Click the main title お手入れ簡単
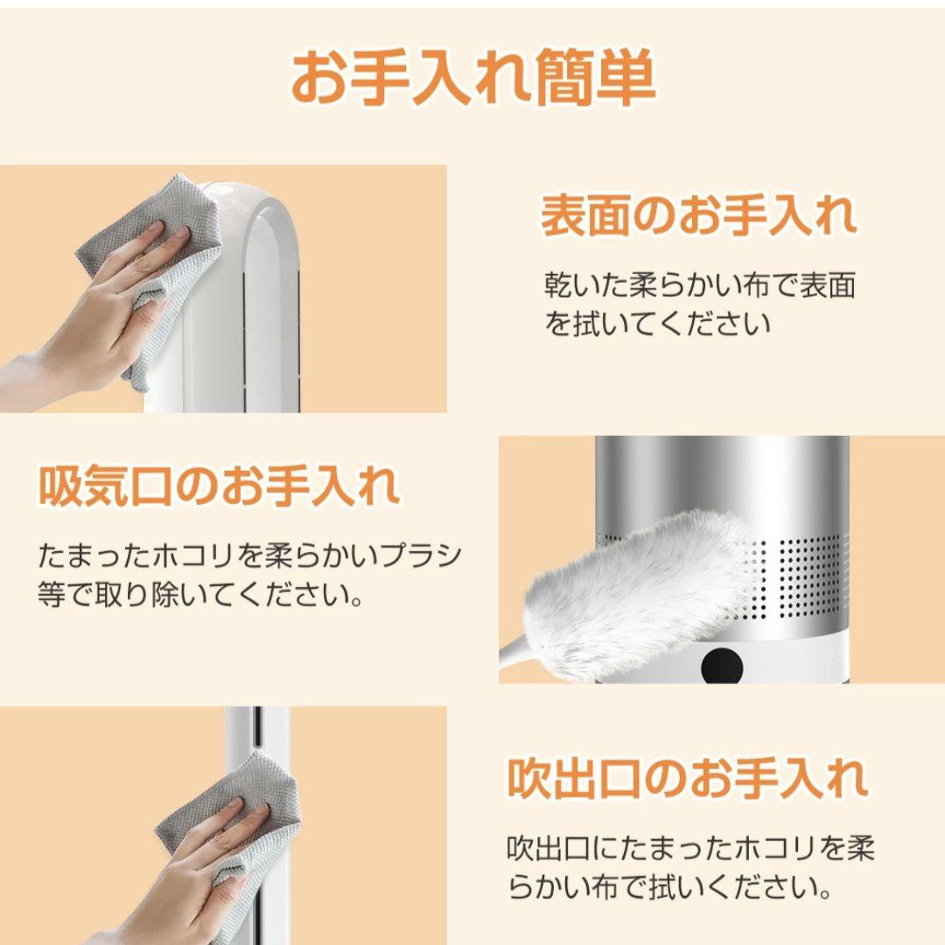472,80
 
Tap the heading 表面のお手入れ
697,217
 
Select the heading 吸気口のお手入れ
219,486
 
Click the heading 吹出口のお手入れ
687,778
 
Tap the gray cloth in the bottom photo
236,814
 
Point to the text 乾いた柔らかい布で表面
699,286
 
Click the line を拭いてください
657,325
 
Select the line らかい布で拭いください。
668,888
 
